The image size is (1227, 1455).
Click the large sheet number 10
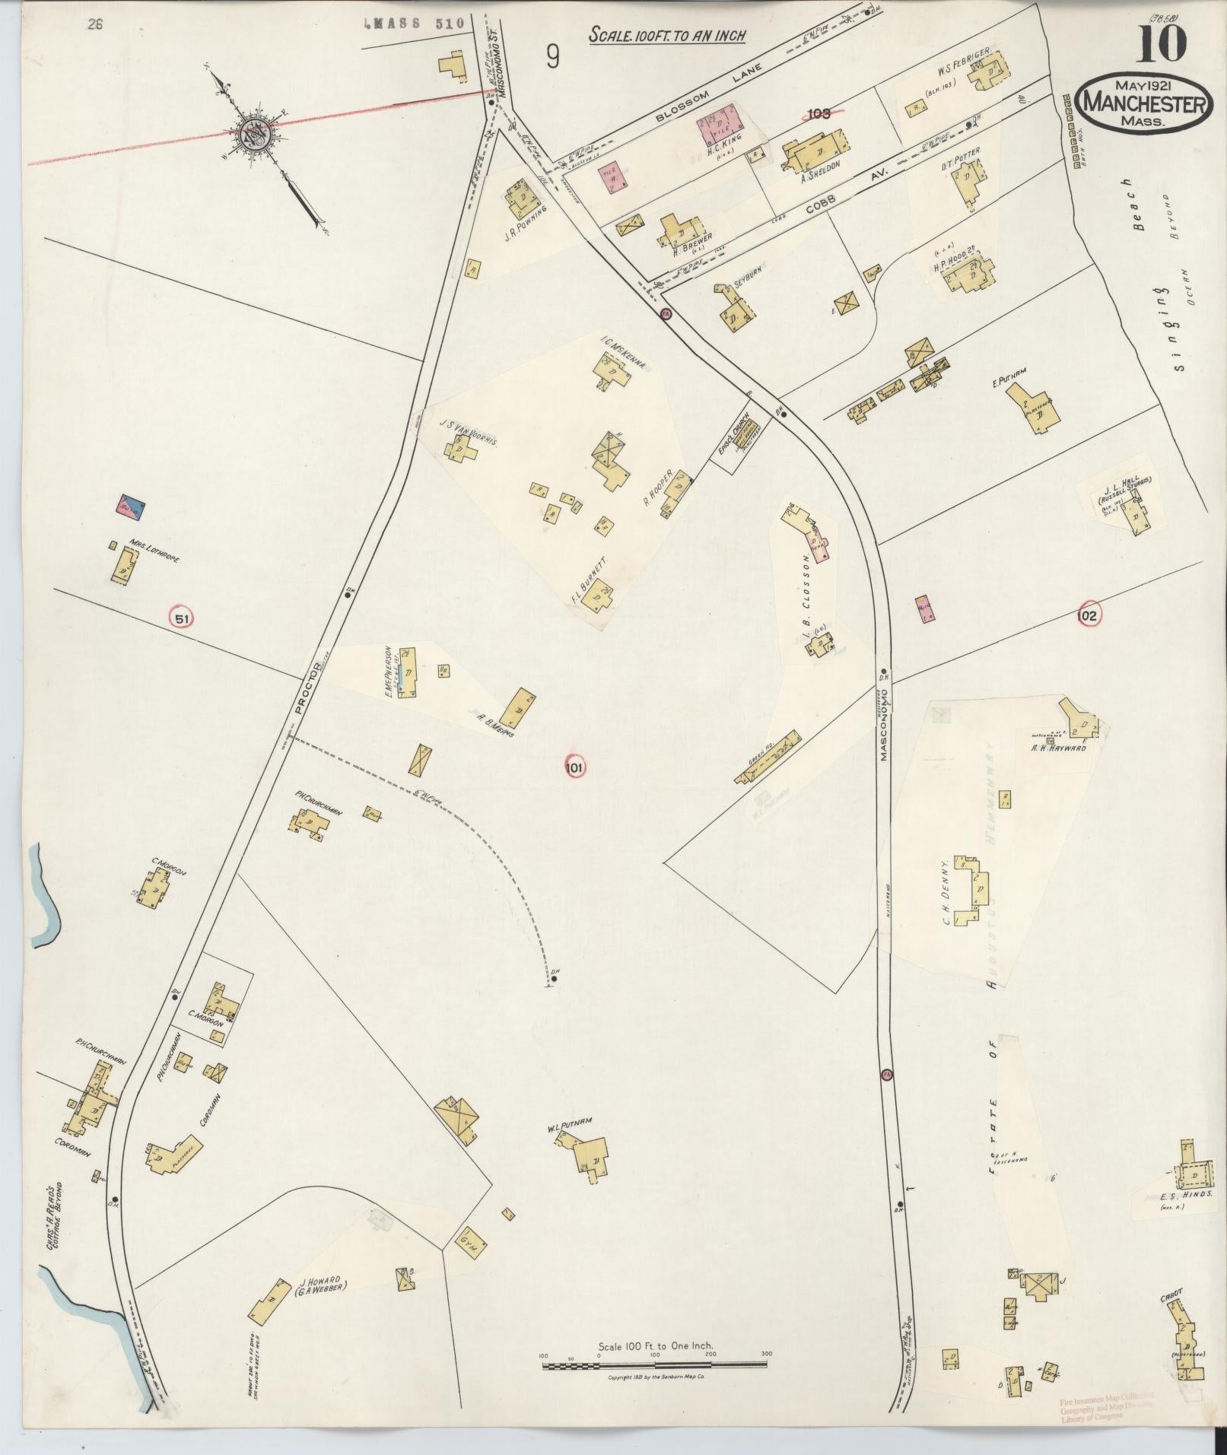[x=1162, y=43]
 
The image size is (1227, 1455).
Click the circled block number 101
[x=574, y=768]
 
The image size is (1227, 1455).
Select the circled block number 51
[x=181, y=618]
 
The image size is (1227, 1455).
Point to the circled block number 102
[x=1088, y=615]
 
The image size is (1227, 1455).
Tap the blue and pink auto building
[x=130, y=506]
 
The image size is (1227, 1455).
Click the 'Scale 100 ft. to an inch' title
[x=666, y=35]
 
